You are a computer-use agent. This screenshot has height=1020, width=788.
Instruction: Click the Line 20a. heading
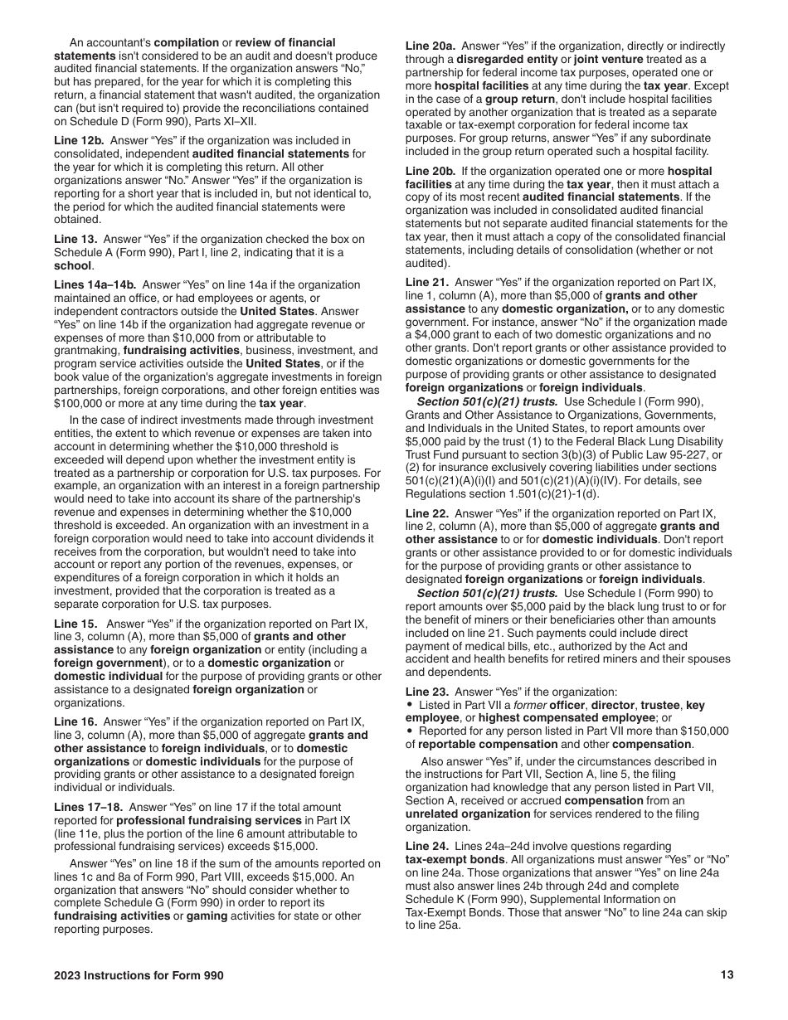430,43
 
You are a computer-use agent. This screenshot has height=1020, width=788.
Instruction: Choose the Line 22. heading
427,513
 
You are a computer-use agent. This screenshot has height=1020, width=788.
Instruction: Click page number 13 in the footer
727,975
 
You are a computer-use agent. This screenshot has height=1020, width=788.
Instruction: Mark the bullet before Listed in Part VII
410,706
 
